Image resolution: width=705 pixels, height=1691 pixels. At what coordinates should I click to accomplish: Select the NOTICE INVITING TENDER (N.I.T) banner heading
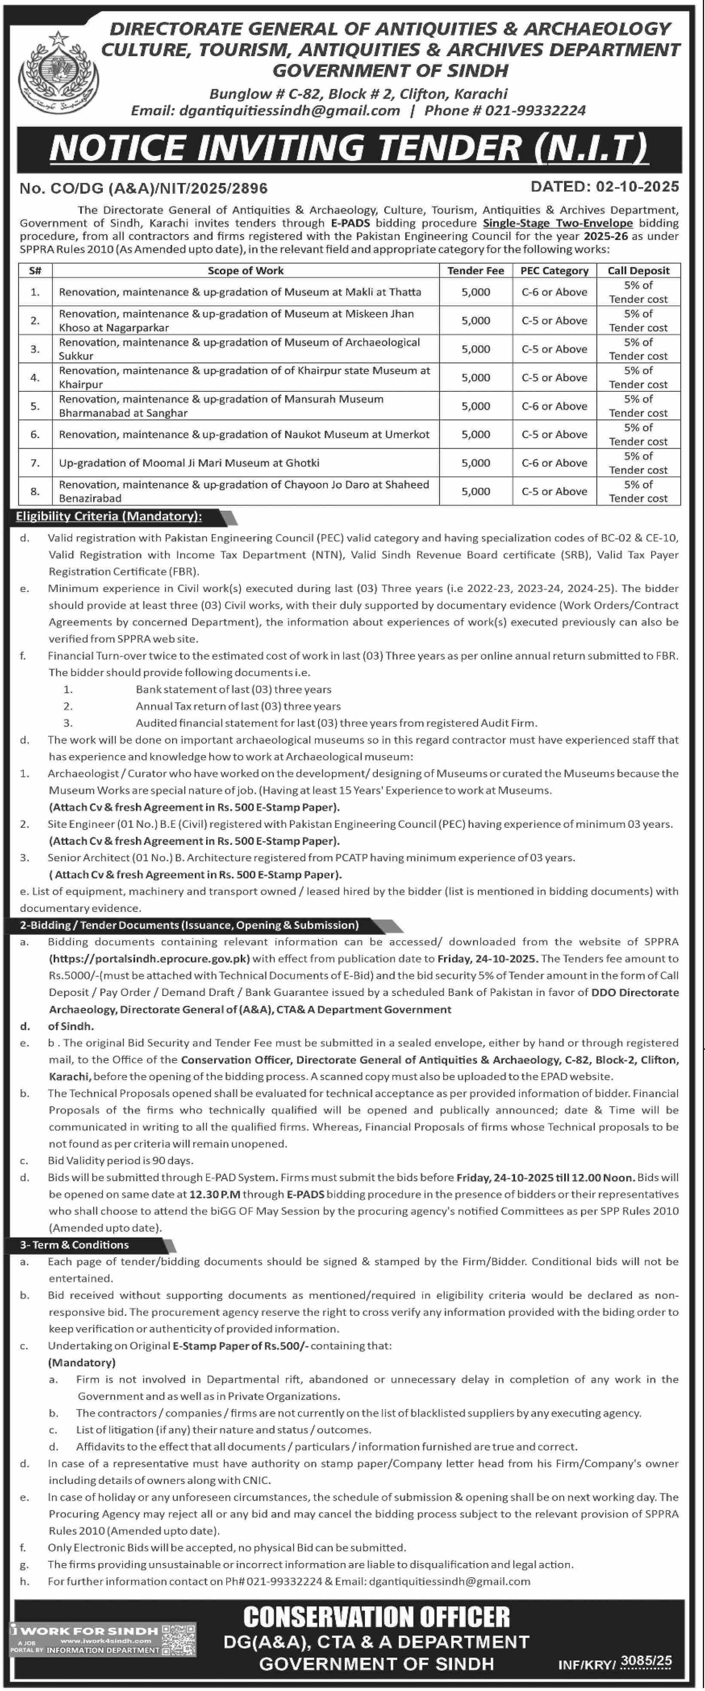pyautogui.click(x=349, y=148)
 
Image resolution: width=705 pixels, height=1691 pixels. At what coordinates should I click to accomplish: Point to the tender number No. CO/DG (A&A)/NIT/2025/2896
pyautogui.click(x=144, y=189)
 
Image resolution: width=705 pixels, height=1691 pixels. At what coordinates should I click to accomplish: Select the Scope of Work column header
pyautogui.click(x=246, y=271)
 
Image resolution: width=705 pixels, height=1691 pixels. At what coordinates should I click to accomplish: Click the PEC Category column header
pyautogui.click(x=554, y=271)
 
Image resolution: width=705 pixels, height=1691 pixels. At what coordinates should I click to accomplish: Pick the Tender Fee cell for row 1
pyautogui.click(x=475, y=292)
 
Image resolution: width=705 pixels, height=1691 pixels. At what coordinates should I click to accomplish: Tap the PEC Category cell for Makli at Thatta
pyautogui.click(x=554, y=292)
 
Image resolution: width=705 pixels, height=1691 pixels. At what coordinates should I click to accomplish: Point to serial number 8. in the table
pyautogui.click(x=35, y=491)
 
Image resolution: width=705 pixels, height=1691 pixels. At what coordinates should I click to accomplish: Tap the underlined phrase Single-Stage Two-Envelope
pyautogui.click(x=557, y=223)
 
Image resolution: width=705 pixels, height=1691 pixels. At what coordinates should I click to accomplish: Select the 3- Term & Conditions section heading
pyautogui.click(x=74, y=1245)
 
